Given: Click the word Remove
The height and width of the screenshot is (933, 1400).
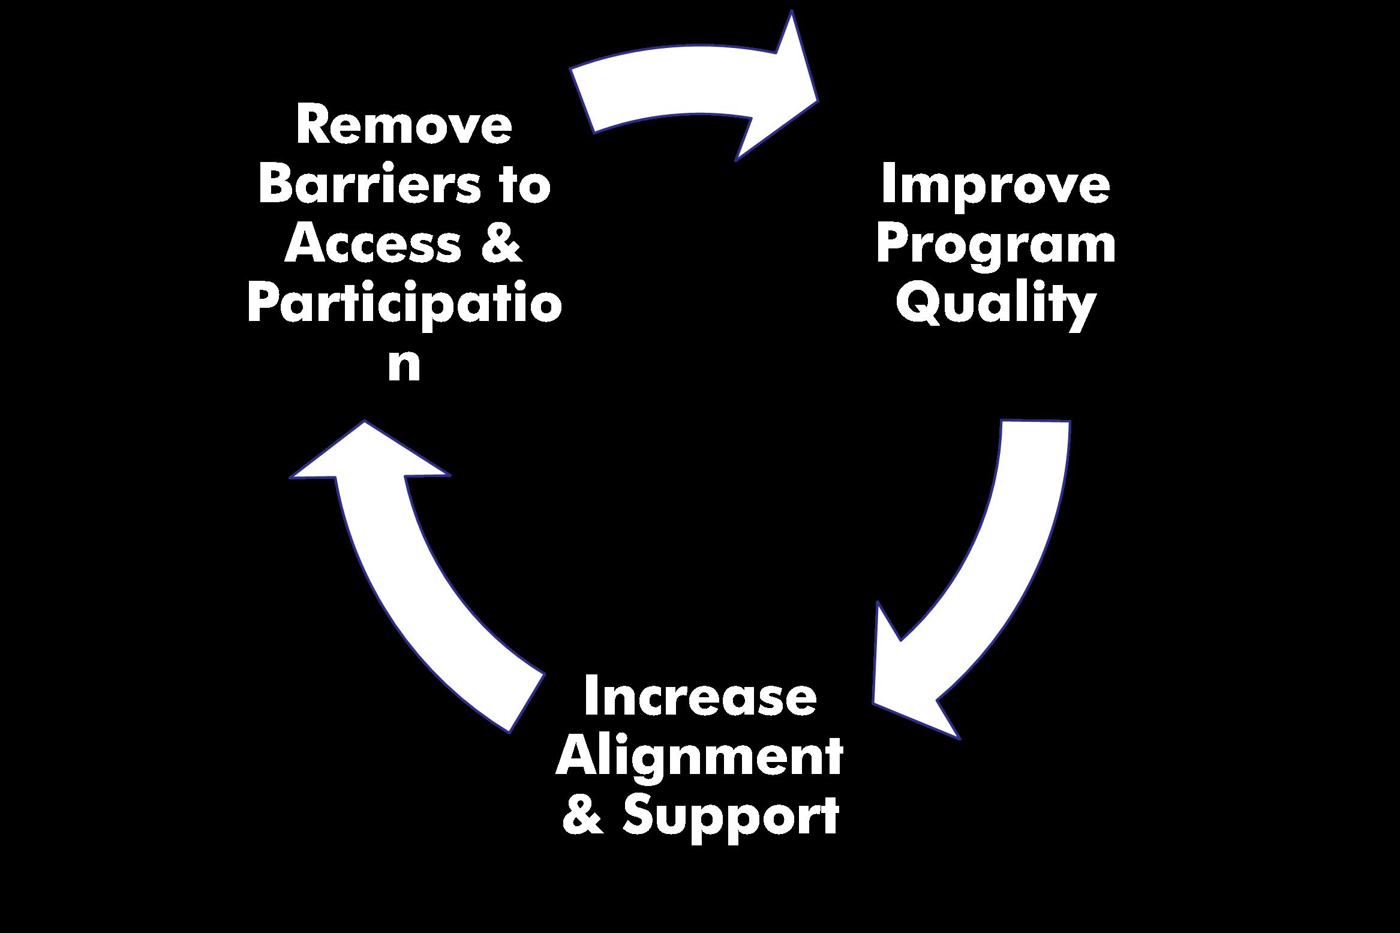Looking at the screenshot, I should pos(404,125).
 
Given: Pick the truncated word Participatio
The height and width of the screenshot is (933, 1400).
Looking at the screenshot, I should pos(404,305).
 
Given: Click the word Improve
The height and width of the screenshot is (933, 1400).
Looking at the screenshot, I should pos(995,185).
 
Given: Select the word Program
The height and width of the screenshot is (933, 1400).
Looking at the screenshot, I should pos(996,246).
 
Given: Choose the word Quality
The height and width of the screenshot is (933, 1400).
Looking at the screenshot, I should pos(996,305).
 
